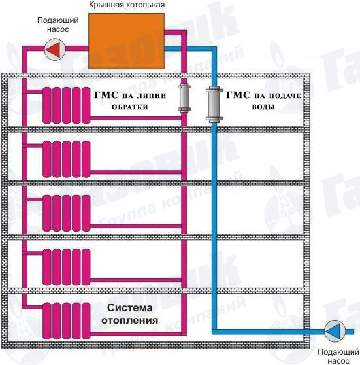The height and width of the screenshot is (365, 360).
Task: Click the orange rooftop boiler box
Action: pyautogui.click(x=126, y=41)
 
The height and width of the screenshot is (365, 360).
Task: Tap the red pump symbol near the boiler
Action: pyautogui.click(x=55, y=49)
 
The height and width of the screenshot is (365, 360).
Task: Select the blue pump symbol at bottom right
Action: pyautogui.click(x=335, y=331)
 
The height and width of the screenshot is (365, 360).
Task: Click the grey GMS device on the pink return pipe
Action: pyautogui.click(x=185, y=97)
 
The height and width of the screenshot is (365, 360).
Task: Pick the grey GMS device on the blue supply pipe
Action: pyautogui.click(x=214, y=104)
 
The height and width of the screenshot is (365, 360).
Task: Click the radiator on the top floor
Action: pyautogui.click(x=67, y=105)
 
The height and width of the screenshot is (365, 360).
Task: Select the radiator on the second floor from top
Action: pyautogui.click(x=67, y=159)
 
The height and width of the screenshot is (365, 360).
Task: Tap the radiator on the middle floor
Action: pyautogui.click(x=67, y=213)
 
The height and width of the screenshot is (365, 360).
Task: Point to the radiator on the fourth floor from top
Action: pyautogui.click(x=67, y=267)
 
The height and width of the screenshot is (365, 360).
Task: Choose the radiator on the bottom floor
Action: pyautogui.click(x=67, y=321)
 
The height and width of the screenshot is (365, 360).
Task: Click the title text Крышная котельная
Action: pyautogui.click(x=127, y=5)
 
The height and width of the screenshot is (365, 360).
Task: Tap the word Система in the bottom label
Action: pyautogui.click(x=130, y=308)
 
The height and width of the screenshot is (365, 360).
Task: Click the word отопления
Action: pyautogui.click(x=130, y=321)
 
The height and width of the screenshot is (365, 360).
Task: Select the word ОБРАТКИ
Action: pyautogui.click(x=130, y=107)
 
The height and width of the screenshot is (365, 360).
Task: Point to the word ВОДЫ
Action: pyautogui.click(x=263, y=107)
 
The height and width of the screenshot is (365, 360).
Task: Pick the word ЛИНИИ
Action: pyautogui.click(x=152, y=96)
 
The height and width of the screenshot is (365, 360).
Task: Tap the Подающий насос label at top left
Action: pyautogui.click(x=58, y=25)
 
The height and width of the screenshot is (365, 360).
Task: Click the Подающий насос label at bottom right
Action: pyautogui.click(x=338, y=356)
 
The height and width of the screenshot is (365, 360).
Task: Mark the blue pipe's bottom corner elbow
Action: pyautogui.click(x=214, y=332)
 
